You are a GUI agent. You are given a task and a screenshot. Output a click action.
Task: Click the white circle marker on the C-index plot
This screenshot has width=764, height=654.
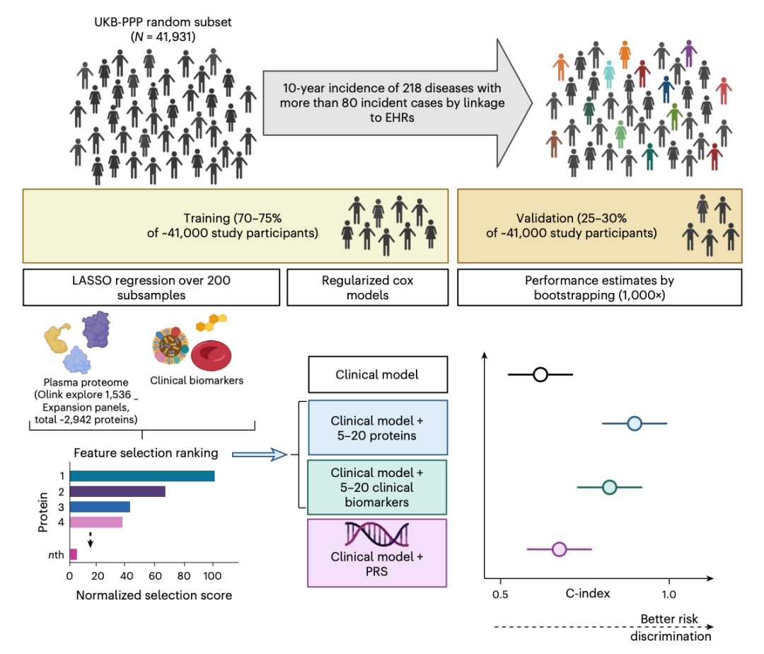540,374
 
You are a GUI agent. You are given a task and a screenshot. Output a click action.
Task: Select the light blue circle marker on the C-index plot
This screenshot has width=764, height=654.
635,423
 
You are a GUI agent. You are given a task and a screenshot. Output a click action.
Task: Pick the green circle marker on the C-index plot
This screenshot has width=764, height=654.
609,487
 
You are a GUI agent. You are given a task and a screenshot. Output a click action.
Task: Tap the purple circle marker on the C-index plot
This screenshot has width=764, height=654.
559,549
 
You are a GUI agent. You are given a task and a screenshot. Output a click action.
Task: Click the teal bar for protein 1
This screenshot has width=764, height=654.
141,476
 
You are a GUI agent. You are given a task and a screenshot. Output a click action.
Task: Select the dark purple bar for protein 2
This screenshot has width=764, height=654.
117,491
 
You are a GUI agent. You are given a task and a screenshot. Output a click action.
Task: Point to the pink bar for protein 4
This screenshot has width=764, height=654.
95,522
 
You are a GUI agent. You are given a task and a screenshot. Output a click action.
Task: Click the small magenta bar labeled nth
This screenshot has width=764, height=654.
73,553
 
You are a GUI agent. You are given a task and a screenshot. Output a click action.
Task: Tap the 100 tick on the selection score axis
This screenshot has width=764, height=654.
214,576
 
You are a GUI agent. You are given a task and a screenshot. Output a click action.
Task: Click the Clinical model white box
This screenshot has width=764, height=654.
377,374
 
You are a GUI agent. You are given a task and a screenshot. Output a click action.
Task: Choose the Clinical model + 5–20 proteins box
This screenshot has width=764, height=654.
377,427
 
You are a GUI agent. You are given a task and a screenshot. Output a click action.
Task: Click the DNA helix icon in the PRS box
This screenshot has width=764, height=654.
377,535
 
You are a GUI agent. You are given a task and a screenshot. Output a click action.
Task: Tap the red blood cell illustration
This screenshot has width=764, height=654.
210,355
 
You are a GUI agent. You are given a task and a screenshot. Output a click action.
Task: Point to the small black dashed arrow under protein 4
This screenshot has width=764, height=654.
91,541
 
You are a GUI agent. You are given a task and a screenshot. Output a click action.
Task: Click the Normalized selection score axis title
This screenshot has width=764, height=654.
154,595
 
